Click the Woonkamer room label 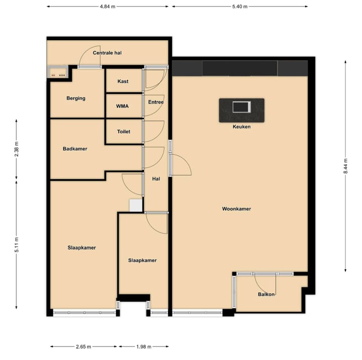point(236,209)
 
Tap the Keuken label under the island point(241,127)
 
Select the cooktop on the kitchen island point(241,107)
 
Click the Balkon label point(266,294)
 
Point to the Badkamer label point(75,149)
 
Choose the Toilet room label point(124,132)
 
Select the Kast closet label point(123,81)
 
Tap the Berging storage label point(76,98)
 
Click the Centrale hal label point(108,53)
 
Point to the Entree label point(156,102)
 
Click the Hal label point(156,178)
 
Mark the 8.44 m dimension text point(345,166)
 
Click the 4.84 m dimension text point(108,7)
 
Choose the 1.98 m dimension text point(144,346)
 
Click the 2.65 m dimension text point(83,346)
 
